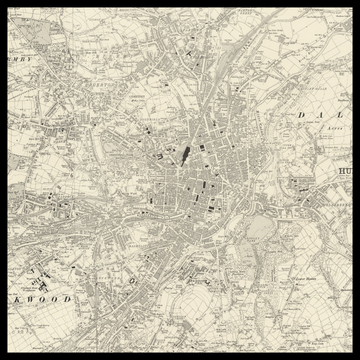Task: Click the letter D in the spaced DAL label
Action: [x=300, y=116]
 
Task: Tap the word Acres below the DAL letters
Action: [x=323, y=130]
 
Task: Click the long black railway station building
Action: [x=185, y=153]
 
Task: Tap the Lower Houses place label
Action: [x=300, y=280]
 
